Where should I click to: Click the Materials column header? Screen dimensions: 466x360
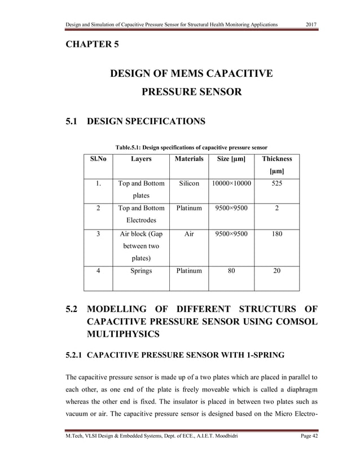tap(189, 159)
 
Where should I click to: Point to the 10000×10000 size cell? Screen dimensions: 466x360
tap(231, 183)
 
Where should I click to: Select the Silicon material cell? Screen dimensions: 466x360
tap(189, 183)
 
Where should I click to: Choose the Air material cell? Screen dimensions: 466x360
tap(189, 233)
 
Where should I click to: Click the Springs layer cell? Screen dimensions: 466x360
tap(141, 270)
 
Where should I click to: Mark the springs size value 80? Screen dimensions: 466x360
tap(231, 270)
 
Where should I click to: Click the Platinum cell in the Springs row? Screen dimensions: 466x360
tap(189, 270)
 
